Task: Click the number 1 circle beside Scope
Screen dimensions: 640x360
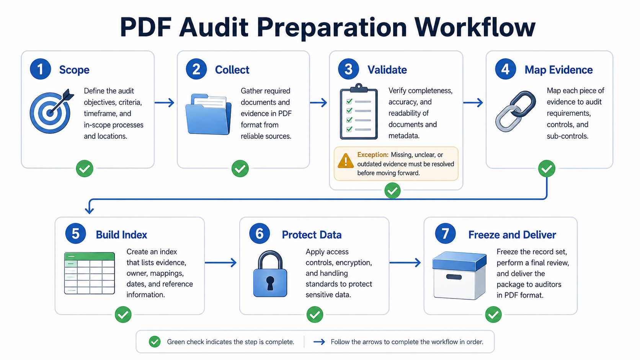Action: [40, 69]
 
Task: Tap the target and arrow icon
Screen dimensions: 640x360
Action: [51, 111]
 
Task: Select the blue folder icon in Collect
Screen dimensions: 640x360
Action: [208, 114]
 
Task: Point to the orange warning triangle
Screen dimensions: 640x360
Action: [346, 161]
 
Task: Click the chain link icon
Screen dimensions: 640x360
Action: [516, 111]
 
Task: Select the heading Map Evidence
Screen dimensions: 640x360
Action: [558, 70]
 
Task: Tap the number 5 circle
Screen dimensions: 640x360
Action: [75, 233]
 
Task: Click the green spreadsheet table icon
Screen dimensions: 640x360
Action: [90, 273]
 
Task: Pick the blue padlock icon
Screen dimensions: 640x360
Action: [270, 274]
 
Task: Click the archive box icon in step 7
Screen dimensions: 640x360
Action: [459, 275]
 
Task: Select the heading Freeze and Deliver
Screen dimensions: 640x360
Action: [512, 235]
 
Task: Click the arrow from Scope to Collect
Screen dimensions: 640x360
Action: [164, 103]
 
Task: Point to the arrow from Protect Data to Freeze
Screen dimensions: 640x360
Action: [405, 262]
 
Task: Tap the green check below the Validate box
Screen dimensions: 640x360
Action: [392, 191]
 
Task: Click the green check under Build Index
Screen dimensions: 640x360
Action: [123, 314]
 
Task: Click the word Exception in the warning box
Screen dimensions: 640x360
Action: [373, 155]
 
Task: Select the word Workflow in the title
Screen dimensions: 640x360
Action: [475, 27]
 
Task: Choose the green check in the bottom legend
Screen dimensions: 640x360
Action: [155, 342]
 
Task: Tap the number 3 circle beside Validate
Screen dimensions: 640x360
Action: [348, 69]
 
